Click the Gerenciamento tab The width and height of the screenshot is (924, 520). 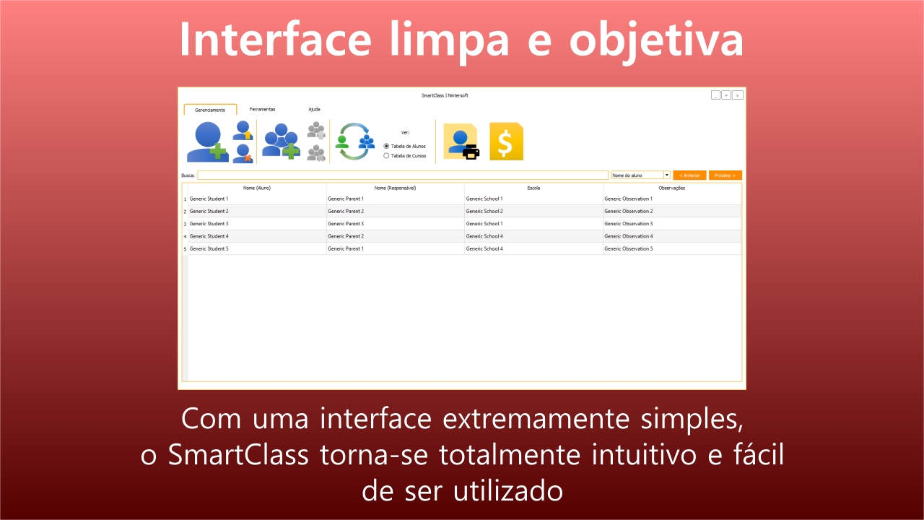coord(210,110)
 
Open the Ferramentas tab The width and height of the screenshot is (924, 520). coord(262,109)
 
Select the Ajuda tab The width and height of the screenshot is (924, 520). coord(314,109)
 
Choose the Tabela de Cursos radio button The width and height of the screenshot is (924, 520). coord(386,156)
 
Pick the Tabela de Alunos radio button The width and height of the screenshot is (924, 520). coord(386,146)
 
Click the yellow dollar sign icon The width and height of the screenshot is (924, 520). coord(506,142)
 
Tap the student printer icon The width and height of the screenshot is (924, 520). coord(461,142)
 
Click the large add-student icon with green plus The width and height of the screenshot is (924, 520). coord(207,142)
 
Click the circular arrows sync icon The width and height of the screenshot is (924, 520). coord(354,142)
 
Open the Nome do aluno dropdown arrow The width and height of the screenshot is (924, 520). coord(666,175)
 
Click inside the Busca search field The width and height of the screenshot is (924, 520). coord(403,175)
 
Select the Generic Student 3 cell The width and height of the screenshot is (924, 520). coord(257,224)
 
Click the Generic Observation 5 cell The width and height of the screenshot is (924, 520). coord(672,249)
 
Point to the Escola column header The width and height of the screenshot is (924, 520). coord(533,188)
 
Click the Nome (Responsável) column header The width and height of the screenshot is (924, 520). coord(395,188)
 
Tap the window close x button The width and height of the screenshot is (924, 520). coord(738,95)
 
